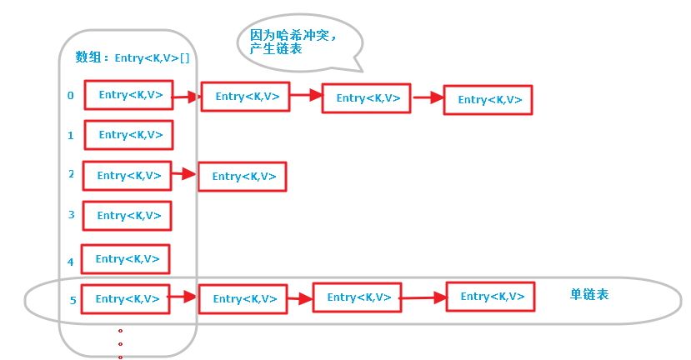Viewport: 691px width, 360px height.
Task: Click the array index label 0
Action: [71, 95]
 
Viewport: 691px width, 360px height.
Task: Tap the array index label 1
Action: [71, 136]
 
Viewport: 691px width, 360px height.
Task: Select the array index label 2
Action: [71, 174]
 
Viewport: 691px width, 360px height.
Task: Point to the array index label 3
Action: [72, 215]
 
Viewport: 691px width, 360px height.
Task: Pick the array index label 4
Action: [71, 262]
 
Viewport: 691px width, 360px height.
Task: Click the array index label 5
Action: [73, 301]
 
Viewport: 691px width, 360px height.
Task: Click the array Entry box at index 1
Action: [128, 135]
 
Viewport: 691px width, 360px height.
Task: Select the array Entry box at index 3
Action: [127, 216]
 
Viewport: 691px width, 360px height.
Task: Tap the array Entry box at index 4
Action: [126, 259]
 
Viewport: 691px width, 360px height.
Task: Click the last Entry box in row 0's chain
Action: [488, 100]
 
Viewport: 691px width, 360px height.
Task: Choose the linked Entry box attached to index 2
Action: [243, 177]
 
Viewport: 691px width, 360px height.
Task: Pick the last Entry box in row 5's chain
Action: [490, 297]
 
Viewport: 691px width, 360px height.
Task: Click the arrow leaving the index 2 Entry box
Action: [184, 174]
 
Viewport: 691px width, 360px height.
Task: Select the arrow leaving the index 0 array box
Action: [187, 97]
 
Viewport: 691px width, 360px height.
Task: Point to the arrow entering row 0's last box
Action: [428, 97]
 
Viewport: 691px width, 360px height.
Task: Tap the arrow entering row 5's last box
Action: [423, 297]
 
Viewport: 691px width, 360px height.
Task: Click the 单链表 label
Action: [589, 294]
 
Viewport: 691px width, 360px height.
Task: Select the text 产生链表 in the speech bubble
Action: [276, 48]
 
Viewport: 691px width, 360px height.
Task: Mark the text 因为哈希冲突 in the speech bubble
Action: [289, 35]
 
